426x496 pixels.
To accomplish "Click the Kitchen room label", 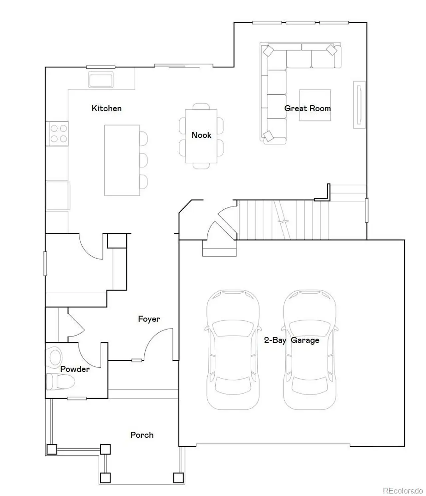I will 106,108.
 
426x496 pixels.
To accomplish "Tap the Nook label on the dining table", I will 201,135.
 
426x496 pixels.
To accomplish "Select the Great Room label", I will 307,108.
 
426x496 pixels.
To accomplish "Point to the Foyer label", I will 149,319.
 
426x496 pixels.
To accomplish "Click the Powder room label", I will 75,369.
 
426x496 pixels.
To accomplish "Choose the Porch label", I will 142,435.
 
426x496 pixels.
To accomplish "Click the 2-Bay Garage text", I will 292,340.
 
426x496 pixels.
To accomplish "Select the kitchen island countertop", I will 122,160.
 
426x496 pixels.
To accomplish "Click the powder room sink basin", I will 55,357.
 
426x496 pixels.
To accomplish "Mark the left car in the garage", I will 233,350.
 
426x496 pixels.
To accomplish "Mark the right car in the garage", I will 310,350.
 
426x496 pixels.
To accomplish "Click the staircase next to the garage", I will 283,220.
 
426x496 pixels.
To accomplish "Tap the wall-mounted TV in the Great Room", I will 359,105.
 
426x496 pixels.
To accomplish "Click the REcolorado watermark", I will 403,491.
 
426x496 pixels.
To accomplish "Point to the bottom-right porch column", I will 178,478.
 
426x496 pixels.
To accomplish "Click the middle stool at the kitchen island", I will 143,160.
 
